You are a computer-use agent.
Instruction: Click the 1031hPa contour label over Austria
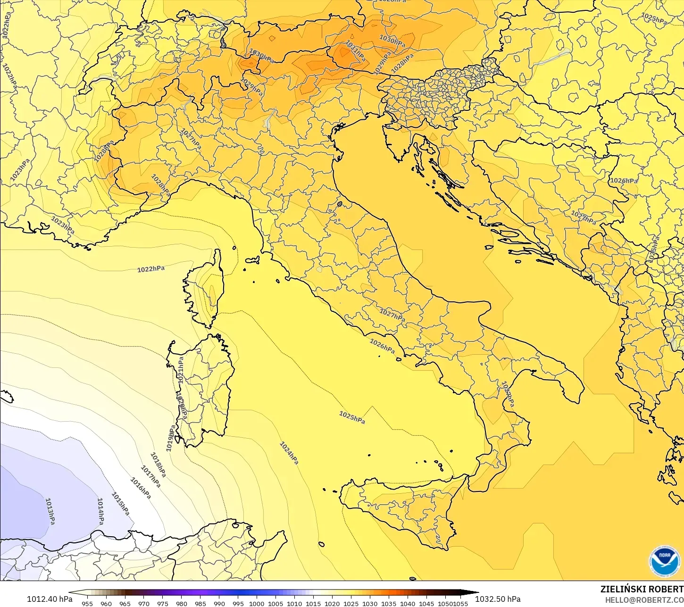click(355, 50)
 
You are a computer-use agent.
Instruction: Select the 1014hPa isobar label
click(100, 511)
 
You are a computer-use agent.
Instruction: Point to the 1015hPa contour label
click(120, 504)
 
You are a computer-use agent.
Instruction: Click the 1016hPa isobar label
click(140, 489)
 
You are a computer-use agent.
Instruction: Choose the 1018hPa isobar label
click(158, 464)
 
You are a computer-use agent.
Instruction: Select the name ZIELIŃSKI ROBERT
click(642, 589)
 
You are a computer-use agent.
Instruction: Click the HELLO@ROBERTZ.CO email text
click(644, 599)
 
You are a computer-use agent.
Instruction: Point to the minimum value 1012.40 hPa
click(50, 599)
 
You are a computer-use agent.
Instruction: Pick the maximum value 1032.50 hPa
click(498, 599)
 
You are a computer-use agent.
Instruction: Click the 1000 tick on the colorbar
click(257, 603)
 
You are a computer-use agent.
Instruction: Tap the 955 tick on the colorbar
click(87, 603)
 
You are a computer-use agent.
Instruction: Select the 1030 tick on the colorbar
click(370, 603)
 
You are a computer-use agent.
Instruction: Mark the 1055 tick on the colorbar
click(461, 603)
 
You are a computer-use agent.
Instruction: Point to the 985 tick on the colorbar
click(200, 603)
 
